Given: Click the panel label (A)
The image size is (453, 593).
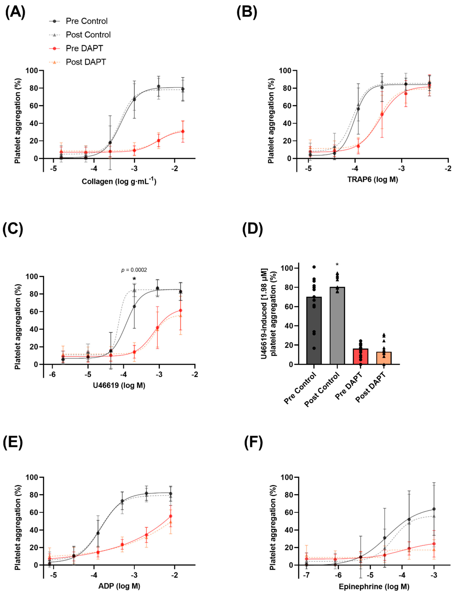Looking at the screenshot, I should click(x=15, y=13).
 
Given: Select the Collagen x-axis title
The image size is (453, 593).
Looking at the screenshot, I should click(x=119, y=181).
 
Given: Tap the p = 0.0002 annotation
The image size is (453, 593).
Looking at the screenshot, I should click(x=134, y=270).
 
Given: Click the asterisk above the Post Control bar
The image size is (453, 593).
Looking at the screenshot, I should click(x=337, y=265).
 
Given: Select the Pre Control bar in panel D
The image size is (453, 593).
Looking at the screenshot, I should click(x=314, y=331).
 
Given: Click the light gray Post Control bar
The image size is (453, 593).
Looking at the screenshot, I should click(x=337, y=326).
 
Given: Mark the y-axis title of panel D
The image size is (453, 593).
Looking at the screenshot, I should click(x=268, y=313).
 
